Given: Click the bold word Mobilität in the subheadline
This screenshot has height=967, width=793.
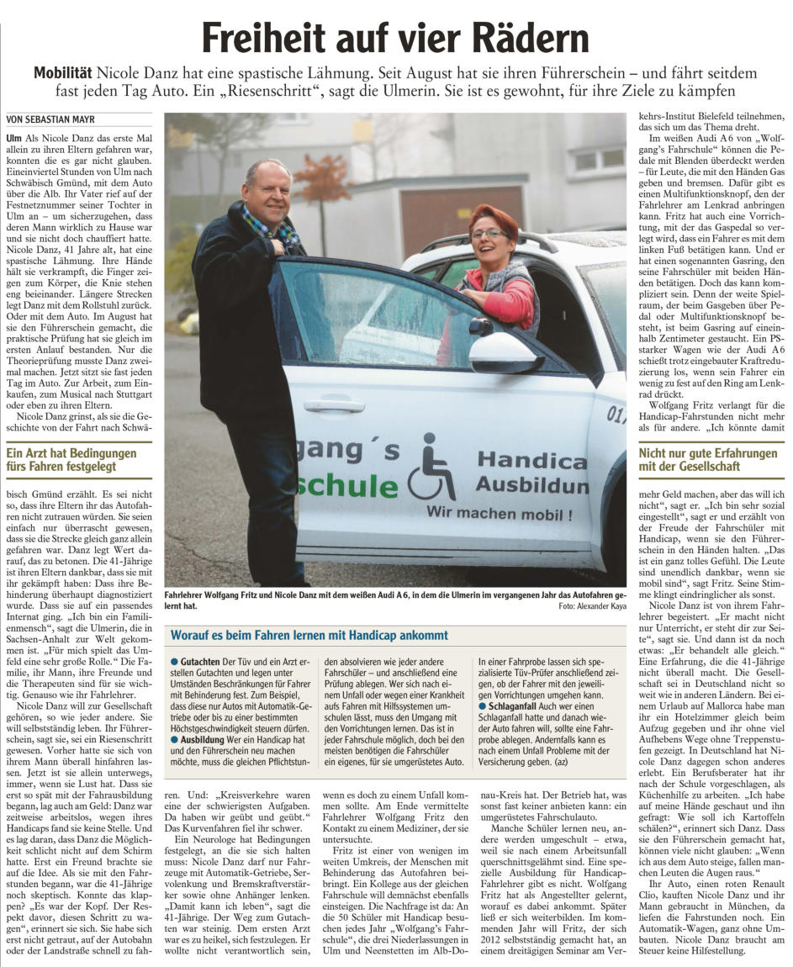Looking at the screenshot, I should pos(64,73).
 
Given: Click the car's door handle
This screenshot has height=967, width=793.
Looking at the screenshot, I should pos(334,404).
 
